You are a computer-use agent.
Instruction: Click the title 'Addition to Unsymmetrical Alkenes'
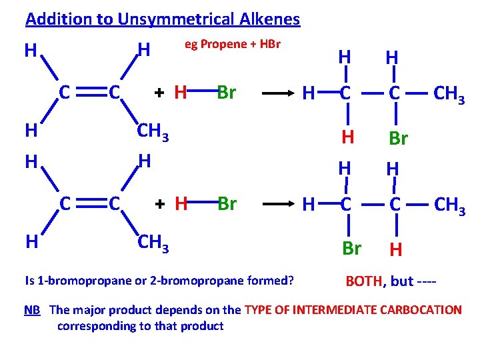coord(163,19)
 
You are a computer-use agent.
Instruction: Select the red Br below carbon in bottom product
coord(351,248)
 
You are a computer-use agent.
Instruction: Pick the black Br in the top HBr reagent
coord(227,93)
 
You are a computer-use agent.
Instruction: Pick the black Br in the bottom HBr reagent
coord(227,203)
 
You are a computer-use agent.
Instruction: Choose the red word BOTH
coord(364,281)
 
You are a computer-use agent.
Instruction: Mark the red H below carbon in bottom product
coord(395,249)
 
